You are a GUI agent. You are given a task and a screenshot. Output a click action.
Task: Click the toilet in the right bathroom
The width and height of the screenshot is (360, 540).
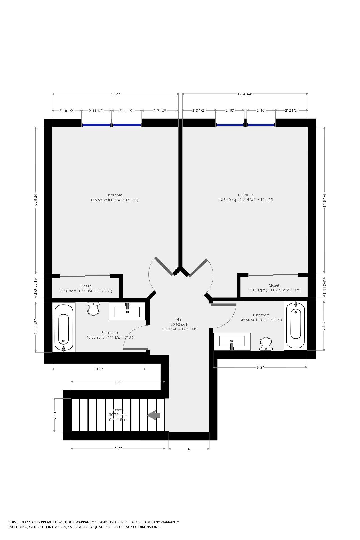click(x=265, y=344)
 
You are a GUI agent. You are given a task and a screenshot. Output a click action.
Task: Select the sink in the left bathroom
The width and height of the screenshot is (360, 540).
click(x=127, y=311)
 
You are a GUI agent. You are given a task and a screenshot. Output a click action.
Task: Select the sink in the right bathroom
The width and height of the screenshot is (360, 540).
click(x=232, y=341)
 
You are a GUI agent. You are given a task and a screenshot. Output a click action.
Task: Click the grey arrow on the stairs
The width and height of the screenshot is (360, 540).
click(x=154, y=415)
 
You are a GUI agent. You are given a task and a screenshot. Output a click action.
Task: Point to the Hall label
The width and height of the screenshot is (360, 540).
click(x=179, y=319)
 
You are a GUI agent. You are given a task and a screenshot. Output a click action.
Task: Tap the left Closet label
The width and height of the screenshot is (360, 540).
click(x=85, y=286)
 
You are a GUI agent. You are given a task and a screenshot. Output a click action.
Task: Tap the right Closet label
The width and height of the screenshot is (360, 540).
click(x=274, y=285)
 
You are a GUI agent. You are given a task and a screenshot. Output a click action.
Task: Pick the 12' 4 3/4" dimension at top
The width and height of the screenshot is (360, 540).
click(x=245, y=94)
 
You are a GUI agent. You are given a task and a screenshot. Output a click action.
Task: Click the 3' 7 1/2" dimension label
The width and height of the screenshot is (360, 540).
click(x=160, y=111)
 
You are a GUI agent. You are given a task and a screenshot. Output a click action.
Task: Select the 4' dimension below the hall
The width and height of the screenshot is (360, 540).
click(x=189, y=449)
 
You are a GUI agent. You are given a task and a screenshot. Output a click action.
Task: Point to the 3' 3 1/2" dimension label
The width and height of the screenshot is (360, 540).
click(x=199, y=111)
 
